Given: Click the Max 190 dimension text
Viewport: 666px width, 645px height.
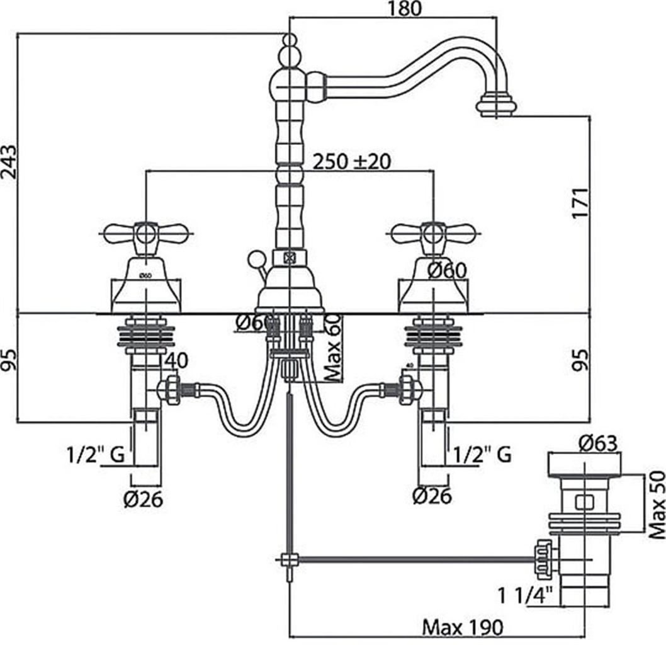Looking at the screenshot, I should click(463, 627).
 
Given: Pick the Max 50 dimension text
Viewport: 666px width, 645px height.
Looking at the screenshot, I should click(657, 505).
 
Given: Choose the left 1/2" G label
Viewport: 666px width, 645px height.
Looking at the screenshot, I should click(95, 454).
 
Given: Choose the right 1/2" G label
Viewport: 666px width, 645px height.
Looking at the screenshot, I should click(481, 454).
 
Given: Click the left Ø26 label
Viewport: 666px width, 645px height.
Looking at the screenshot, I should click(143, 499).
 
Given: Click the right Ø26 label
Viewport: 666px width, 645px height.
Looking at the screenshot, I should click(432, 497).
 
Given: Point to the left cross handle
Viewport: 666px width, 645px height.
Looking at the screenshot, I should click(146, 234).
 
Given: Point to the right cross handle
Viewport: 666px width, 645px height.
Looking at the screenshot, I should click(433, 234).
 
